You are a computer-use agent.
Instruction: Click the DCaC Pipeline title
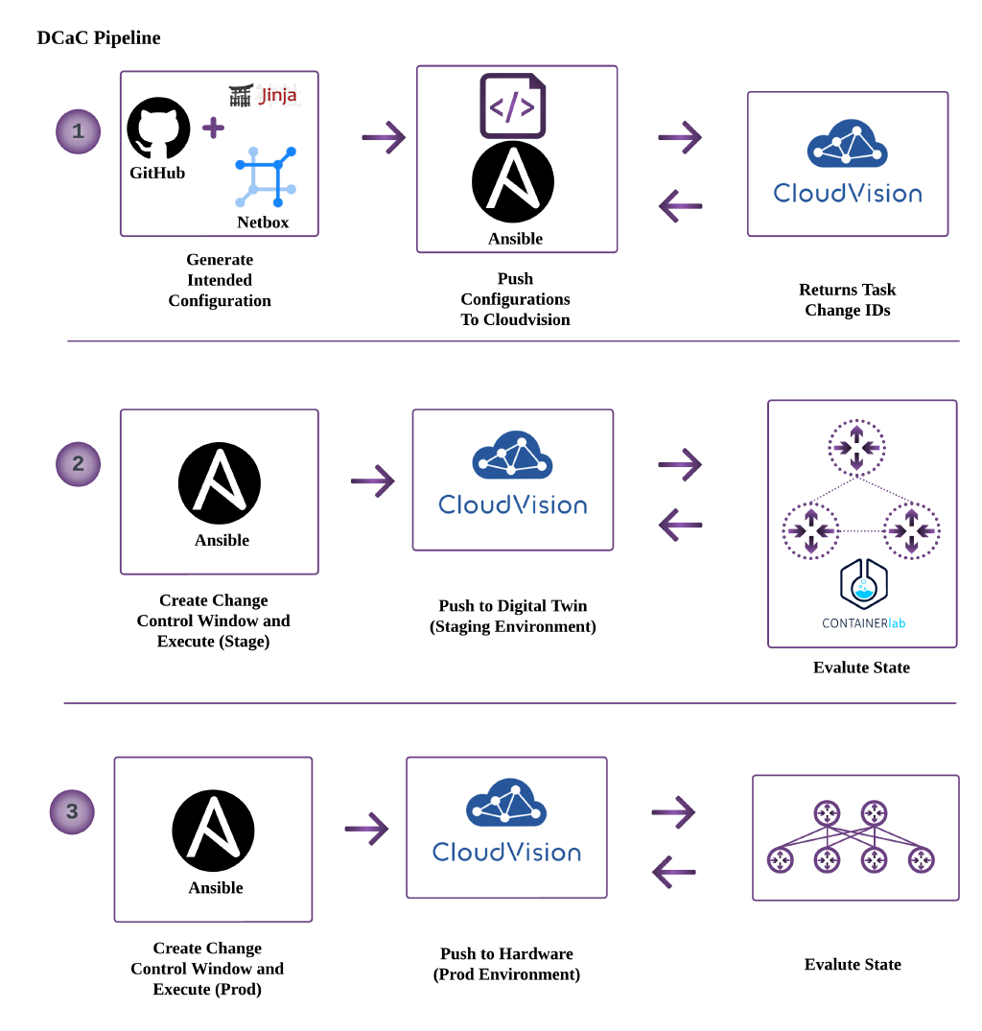[99, 38]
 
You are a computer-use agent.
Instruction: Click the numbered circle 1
[78, 131]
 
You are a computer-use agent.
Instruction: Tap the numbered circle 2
[78, 464]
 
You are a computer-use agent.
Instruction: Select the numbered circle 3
[72, 812]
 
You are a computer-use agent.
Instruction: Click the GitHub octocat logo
[158, 129]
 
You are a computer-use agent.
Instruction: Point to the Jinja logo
[265, 95]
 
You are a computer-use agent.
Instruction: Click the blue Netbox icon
[266, 177]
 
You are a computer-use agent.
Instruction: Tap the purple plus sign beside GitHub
[213, 128]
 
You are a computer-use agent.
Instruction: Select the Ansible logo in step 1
[513, 183]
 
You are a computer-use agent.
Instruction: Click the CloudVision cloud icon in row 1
[847, 144]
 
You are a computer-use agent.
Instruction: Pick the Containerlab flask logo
[863, 586]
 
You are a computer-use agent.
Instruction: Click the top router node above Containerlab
[856, 447]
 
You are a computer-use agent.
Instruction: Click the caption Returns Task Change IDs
[848, 299]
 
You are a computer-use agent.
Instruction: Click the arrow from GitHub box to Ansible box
[383, 138]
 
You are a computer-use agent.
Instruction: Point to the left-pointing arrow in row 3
[673, 872]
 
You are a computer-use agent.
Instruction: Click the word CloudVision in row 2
[513, 504]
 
